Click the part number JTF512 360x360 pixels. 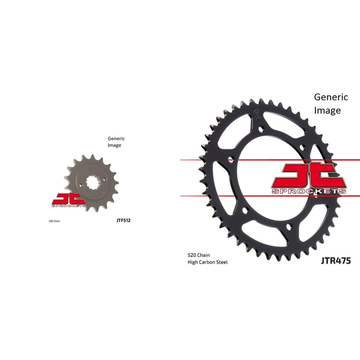[x=123, y=221]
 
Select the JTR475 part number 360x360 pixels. [x=336, y=260]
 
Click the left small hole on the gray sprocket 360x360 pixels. [x=80, y=186]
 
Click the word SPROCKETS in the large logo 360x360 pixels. [x=309, y=191]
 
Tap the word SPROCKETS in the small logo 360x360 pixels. [x=68, y=206]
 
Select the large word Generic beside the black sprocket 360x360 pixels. [x=331, y=97]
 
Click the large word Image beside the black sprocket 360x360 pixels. [x=327, y=110]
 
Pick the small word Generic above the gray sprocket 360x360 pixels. [x=116, y=139]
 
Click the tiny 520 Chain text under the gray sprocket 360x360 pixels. [x=54, y=221]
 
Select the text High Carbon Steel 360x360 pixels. [x=207, y=262]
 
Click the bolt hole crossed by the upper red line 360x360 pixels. [x=231, y=159]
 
